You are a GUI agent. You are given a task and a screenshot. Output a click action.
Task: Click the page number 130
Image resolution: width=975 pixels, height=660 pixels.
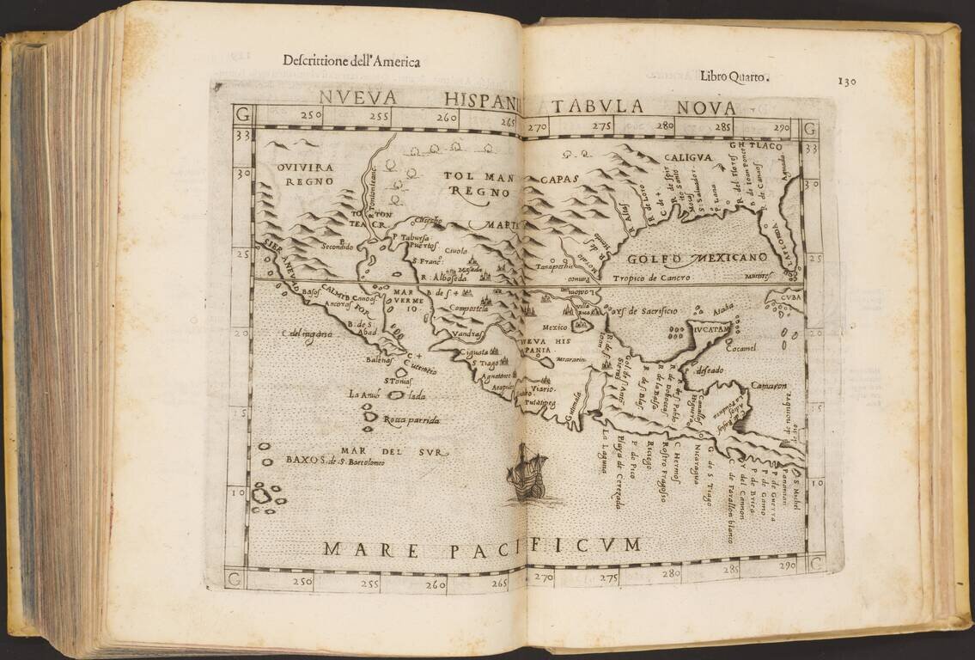click(847, 81)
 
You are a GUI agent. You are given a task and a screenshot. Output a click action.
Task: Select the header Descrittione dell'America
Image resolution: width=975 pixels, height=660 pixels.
click(351, 60)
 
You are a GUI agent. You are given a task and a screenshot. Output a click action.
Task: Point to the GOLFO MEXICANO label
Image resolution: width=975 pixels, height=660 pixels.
click(697, 258)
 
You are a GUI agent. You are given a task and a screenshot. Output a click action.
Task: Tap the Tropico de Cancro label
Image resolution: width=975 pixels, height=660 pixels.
click(652, 278)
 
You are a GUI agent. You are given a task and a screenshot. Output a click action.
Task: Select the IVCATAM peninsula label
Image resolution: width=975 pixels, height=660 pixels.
click(701, 329)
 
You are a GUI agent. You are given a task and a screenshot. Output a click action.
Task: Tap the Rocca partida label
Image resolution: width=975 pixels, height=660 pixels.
click(411, 420)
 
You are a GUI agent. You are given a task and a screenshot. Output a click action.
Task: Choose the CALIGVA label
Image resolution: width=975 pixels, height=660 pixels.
click(687, 157)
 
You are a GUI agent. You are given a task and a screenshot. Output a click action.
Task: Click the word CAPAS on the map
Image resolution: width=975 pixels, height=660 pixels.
click(561, 179)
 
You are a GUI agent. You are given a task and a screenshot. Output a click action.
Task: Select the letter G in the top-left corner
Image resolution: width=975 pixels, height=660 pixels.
click(243, 114)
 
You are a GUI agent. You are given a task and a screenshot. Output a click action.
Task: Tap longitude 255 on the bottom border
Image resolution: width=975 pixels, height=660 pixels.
click(369, 584)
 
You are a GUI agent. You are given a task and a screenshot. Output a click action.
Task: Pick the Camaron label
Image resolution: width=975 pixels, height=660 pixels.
click(769, 386)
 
